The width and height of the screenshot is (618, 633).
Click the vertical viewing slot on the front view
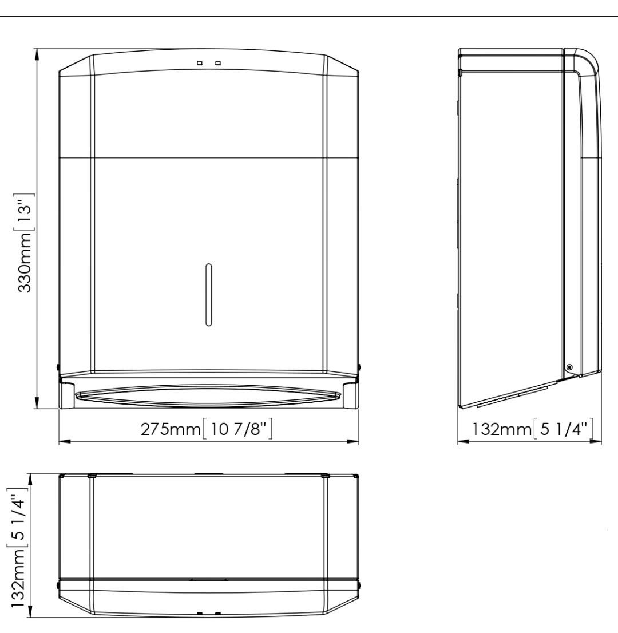click(209, 295)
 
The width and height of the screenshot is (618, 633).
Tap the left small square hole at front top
click(199, 63)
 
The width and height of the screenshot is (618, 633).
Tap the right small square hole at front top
click(219, 63)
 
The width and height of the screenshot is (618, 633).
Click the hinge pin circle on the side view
click(569, 367)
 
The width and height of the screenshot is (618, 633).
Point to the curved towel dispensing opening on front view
click(209, 395)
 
